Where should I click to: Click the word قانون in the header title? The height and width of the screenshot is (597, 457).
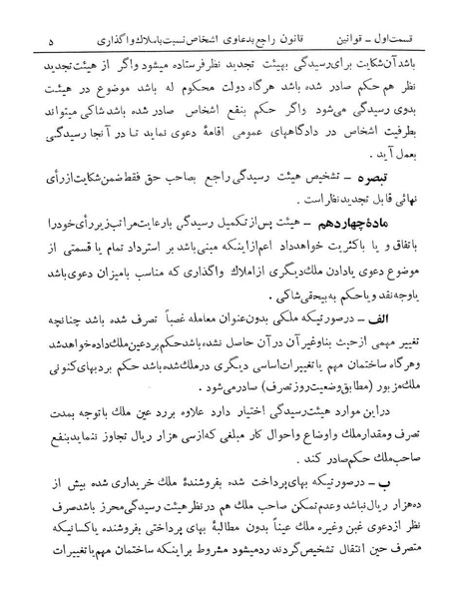point(303,14)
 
